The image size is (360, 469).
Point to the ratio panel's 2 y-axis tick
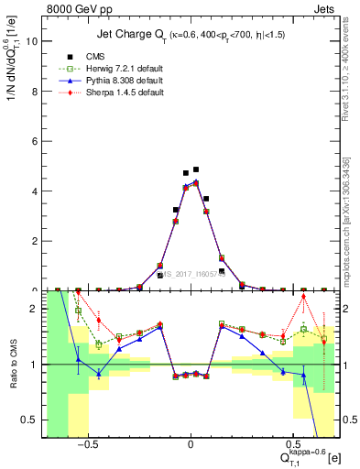(x=35, y=309)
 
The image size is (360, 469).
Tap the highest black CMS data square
(x=196, y=169)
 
